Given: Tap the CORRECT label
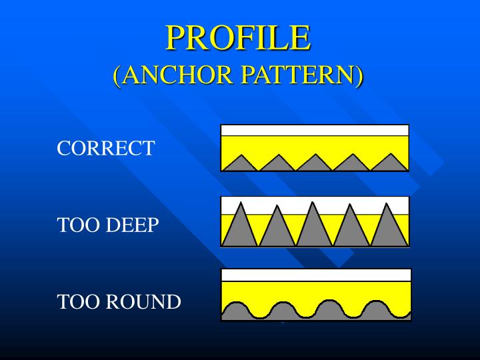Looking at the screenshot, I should [106, 148].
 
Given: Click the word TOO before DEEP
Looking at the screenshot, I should [77, 225].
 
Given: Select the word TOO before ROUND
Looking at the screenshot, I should [77, 301].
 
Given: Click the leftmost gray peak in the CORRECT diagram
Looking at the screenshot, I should [240, 164].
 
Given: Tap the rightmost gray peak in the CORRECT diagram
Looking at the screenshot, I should [390, 163].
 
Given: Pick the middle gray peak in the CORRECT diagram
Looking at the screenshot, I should [315, 163].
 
